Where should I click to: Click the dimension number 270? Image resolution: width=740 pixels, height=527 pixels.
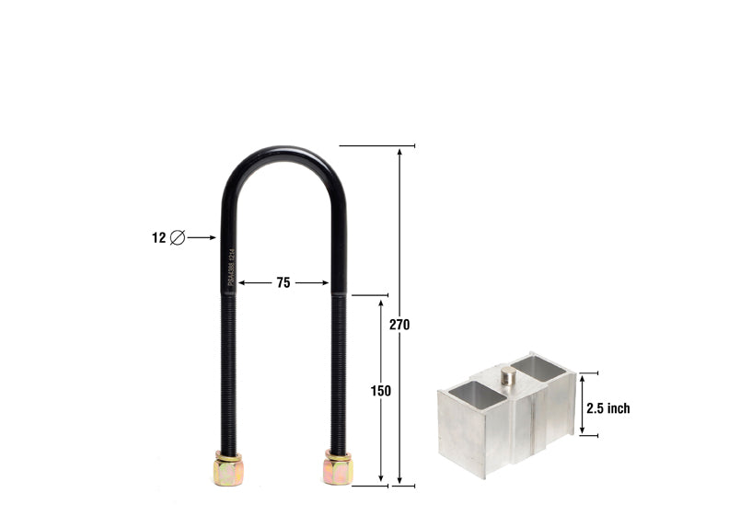tap(399, 325)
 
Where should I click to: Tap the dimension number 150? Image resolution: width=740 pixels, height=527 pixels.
tap(381, 391)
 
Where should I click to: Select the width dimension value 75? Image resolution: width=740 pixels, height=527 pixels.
tap(283, 283)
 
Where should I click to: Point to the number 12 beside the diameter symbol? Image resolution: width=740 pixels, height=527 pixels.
tap(158, 237)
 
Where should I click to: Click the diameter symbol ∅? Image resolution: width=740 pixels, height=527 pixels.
tap(178, 237)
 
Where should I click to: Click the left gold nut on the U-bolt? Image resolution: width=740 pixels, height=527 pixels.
tap(227, 469)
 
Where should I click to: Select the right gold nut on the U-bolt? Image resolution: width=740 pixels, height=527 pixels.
tap(337, 469)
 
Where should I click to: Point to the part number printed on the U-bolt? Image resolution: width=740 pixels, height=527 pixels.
tap(231, 267)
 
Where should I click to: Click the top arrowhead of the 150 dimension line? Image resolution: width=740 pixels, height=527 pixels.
tap(381, 302)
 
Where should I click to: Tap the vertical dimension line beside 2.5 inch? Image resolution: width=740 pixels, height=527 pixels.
tap(582, 404)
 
